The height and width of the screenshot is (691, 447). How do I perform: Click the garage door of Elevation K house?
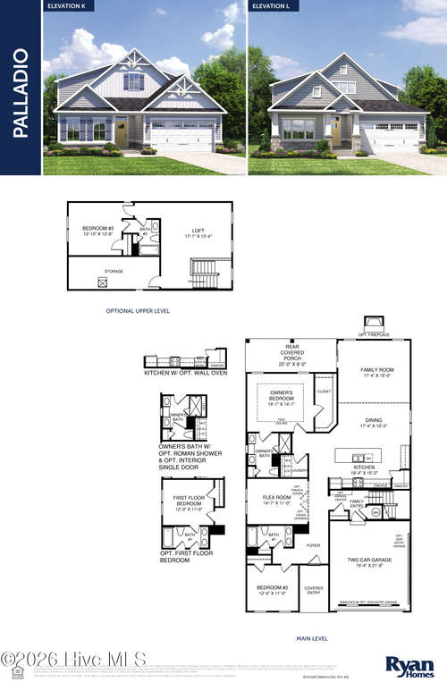181,136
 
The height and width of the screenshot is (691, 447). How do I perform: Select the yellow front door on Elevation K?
121,135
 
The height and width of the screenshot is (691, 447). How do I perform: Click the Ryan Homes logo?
408,664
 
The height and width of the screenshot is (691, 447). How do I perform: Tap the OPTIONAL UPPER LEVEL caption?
138,310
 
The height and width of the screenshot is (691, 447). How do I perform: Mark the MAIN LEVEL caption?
312,638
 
